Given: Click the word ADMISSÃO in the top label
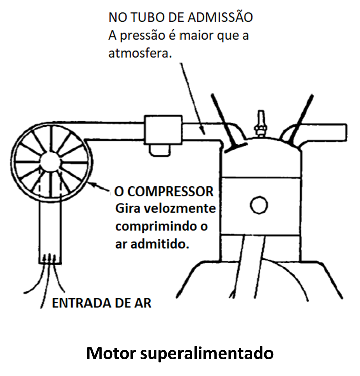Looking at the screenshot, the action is point(220,17).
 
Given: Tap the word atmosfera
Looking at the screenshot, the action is point(140,53).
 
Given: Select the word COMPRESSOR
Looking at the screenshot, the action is point(170,192).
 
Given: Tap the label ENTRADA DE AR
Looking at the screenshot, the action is point(102,303).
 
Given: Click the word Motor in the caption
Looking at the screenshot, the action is point(111,353).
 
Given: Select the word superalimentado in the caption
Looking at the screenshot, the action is point(207,354).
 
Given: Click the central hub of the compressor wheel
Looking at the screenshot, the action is point(50,162).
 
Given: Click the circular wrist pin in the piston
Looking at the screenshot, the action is point(259,205).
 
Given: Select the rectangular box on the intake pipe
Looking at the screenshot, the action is point(163,130).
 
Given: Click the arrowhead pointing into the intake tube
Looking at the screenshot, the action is point(203,131).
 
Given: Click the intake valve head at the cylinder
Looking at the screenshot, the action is point(236,147).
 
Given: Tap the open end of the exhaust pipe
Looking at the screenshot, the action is point(346,133).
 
